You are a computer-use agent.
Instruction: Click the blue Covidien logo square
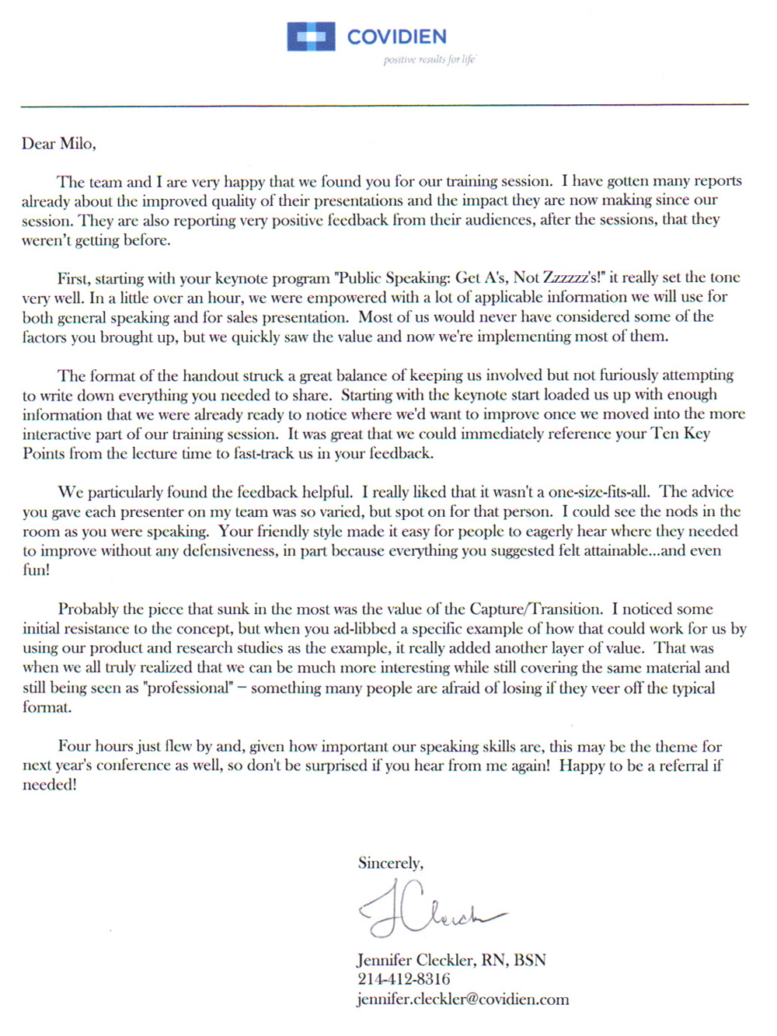click(x=311, y=37)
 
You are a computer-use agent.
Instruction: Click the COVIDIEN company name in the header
click(x=396, y=37)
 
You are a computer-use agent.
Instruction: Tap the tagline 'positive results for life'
click(x=429, y=60)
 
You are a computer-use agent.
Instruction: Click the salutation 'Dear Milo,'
click(x=58, y=144)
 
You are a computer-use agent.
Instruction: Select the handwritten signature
click(x=427, y=908)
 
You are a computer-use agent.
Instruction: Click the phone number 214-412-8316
click(x=403, y=979)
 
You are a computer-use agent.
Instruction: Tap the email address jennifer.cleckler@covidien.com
click(x=462, y=999)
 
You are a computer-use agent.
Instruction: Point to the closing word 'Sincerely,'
click(x=390, y=863)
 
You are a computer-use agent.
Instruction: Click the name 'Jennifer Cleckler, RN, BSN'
click(x=451, y=960)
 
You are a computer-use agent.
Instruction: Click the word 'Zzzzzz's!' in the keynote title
click(x=573, y=277)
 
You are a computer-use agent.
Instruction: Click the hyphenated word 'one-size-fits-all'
click(x=598, y=492)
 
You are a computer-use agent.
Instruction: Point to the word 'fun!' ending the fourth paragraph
click(x=36, y=570)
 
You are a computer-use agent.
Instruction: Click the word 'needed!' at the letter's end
click(x=49, y=785)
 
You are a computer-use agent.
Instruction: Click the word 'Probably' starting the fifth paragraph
click(x=88, y=609)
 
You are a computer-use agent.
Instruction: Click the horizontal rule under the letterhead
click(x=385, y=105)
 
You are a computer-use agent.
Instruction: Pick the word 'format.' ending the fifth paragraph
click(x=47, y=707)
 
